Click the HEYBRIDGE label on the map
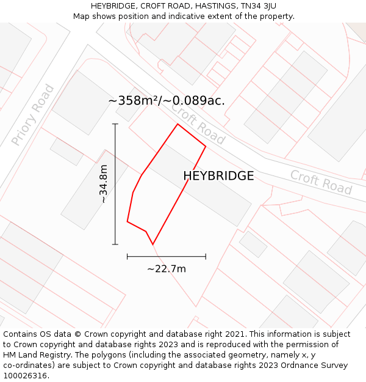(x=218, y=176)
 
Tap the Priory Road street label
(x=33, y=115)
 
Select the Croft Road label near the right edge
(x=321, y=182)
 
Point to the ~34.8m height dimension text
(x=104, y=183)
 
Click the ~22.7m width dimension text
(x=167, y=268)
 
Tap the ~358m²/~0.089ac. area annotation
(x=167, y=100)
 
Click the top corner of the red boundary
(x=178, y=124)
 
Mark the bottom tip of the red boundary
(x=152, y=244)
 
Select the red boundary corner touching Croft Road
(x=206, y=146)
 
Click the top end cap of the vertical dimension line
(x=115, y=124)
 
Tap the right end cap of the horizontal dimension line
(x=206, y=256)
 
